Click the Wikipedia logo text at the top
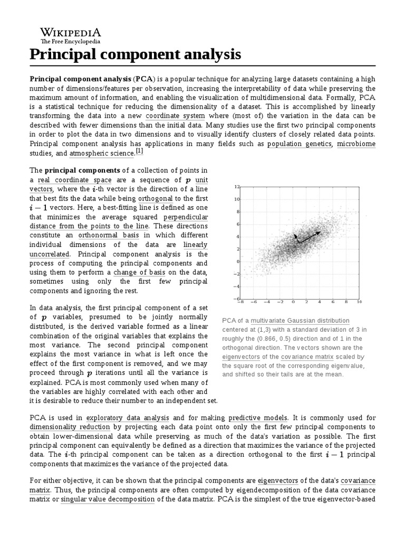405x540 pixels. (71, 32)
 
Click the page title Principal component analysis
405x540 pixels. (135, 54)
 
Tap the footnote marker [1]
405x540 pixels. (139, 151)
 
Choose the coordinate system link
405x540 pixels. (176, 115)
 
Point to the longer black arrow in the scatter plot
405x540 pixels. (310, 237)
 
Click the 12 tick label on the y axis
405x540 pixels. (237, 187)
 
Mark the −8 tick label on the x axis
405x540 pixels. (240, 303)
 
